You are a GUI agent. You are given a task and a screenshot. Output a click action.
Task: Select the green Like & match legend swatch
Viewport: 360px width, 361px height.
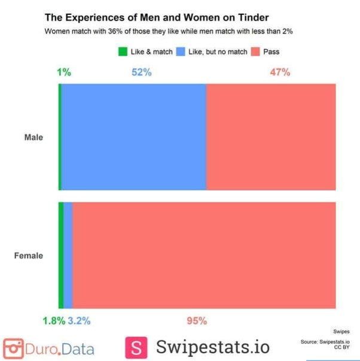click(123, 52)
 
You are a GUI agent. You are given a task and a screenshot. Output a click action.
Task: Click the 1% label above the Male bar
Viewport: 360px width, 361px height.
click(64, 72)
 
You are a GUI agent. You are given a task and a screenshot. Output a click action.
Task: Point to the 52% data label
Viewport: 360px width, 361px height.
click(141, 72)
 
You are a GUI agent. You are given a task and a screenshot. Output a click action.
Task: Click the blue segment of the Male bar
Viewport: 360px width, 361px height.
click(133, 137)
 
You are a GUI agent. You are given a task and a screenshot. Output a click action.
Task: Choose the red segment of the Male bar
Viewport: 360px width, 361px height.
click(270, 137)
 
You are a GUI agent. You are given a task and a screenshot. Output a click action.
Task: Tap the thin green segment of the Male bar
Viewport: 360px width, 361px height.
click(60, 137)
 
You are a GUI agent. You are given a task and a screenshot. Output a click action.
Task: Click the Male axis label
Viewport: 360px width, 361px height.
click(33, 137)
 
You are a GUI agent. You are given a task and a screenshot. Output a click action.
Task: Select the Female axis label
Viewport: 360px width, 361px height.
click(29, 256)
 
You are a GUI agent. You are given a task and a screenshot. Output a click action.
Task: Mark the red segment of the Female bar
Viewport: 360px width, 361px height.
click(203, 256)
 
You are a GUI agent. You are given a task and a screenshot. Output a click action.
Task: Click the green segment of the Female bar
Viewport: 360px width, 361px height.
click(61, 256)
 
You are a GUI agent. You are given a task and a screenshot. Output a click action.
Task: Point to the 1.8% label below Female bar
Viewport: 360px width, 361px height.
click(54, 321)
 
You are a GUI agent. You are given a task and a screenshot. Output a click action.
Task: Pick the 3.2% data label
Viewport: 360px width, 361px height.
click(79, 321)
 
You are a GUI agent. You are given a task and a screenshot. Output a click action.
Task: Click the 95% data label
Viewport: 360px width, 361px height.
click(196, 321)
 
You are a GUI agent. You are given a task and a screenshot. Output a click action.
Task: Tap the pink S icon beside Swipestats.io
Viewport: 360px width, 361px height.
click(137, 347)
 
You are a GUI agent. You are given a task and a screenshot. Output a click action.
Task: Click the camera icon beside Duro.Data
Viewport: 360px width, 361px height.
click(13, 348)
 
